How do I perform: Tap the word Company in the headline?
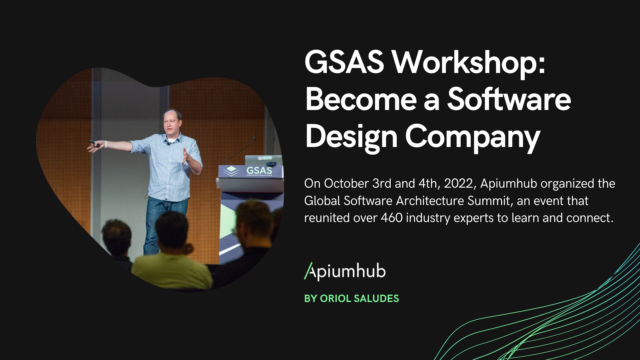pos(473,138)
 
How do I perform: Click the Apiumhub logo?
pos(345,271)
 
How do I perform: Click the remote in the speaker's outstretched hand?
pos(95,144)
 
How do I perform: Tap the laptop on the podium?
pos(263,160)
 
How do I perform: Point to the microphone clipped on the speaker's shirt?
pos(168,143)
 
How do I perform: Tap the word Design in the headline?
pos(351,138)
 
